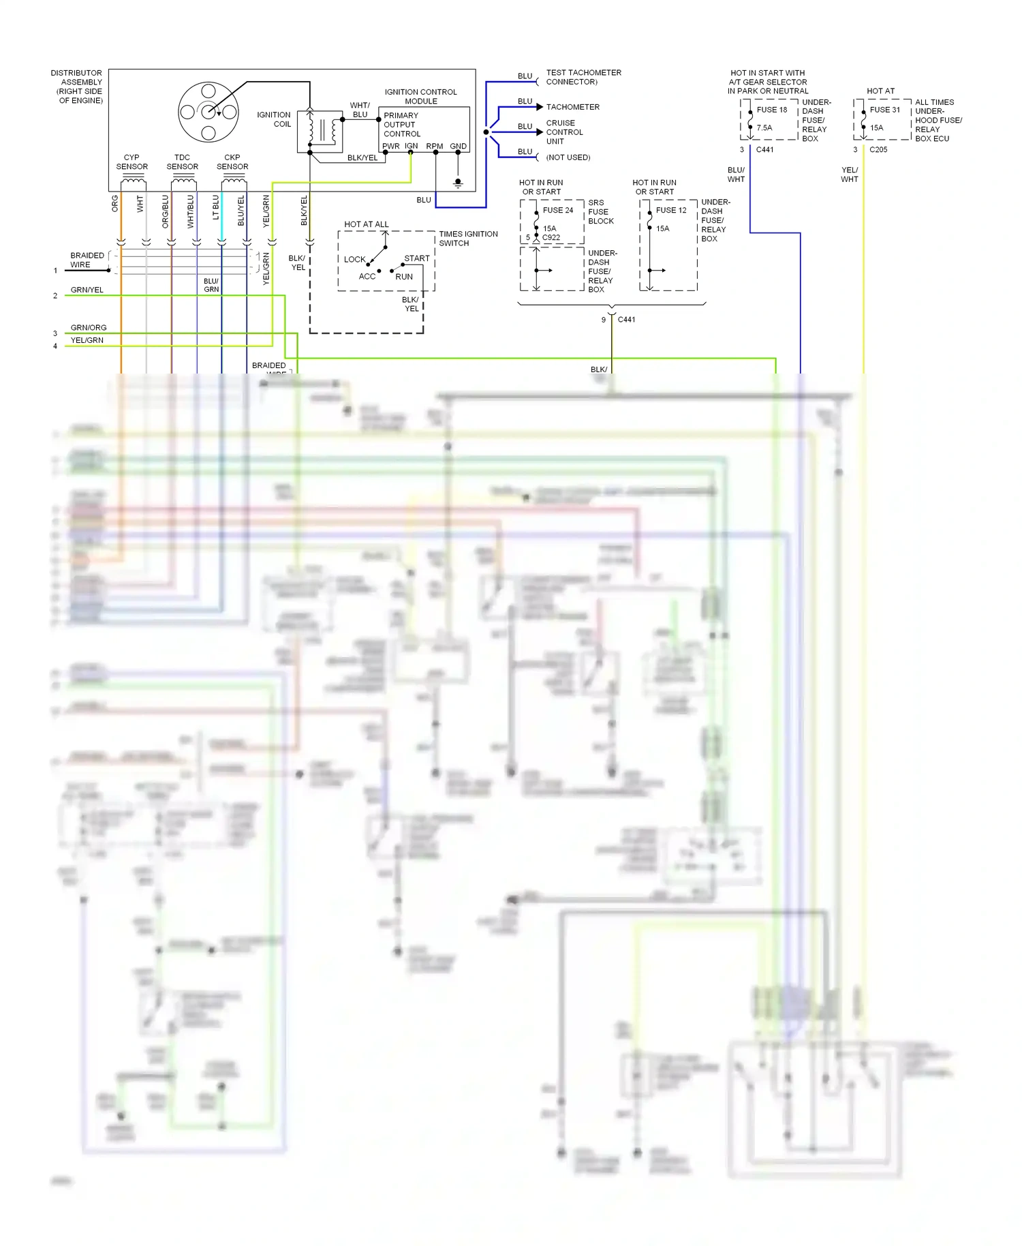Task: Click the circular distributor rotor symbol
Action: (x=208, y=111)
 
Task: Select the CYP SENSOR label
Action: (x=131, y=162)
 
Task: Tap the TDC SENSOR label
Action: (x=182, y=162)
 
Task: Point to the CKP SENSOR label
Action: (x=232, y=162)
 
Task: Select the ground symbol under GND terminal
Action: (x=458, y=183)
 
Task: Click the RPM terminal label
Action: (x=434, y=147)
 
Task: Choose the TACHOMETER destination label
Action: (x=572, y=107)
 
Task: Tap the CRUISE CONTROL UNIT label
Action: (x=564, y=132)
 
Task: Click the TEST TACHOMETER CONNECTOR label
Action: (x=583, y=77)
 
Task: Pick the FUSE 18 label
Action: (x=771, y=110)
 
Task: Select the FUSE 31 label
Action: (x=884, y=110)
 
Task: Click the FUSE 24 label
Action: (x=557, y=211)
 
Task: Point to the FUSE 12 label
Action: (x=670, y=211)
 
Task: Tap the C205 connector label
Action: (x=878, y=150)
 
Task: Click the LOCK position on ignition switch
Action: (x=354, y=260)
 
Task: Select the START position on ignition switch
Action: (x=416, y=258)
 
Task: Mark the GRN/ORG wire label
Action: (x=89, y=328)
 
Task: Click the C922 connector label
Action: (x=551, y=238)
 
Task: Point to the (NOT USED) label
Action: (x=568, y=157)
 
